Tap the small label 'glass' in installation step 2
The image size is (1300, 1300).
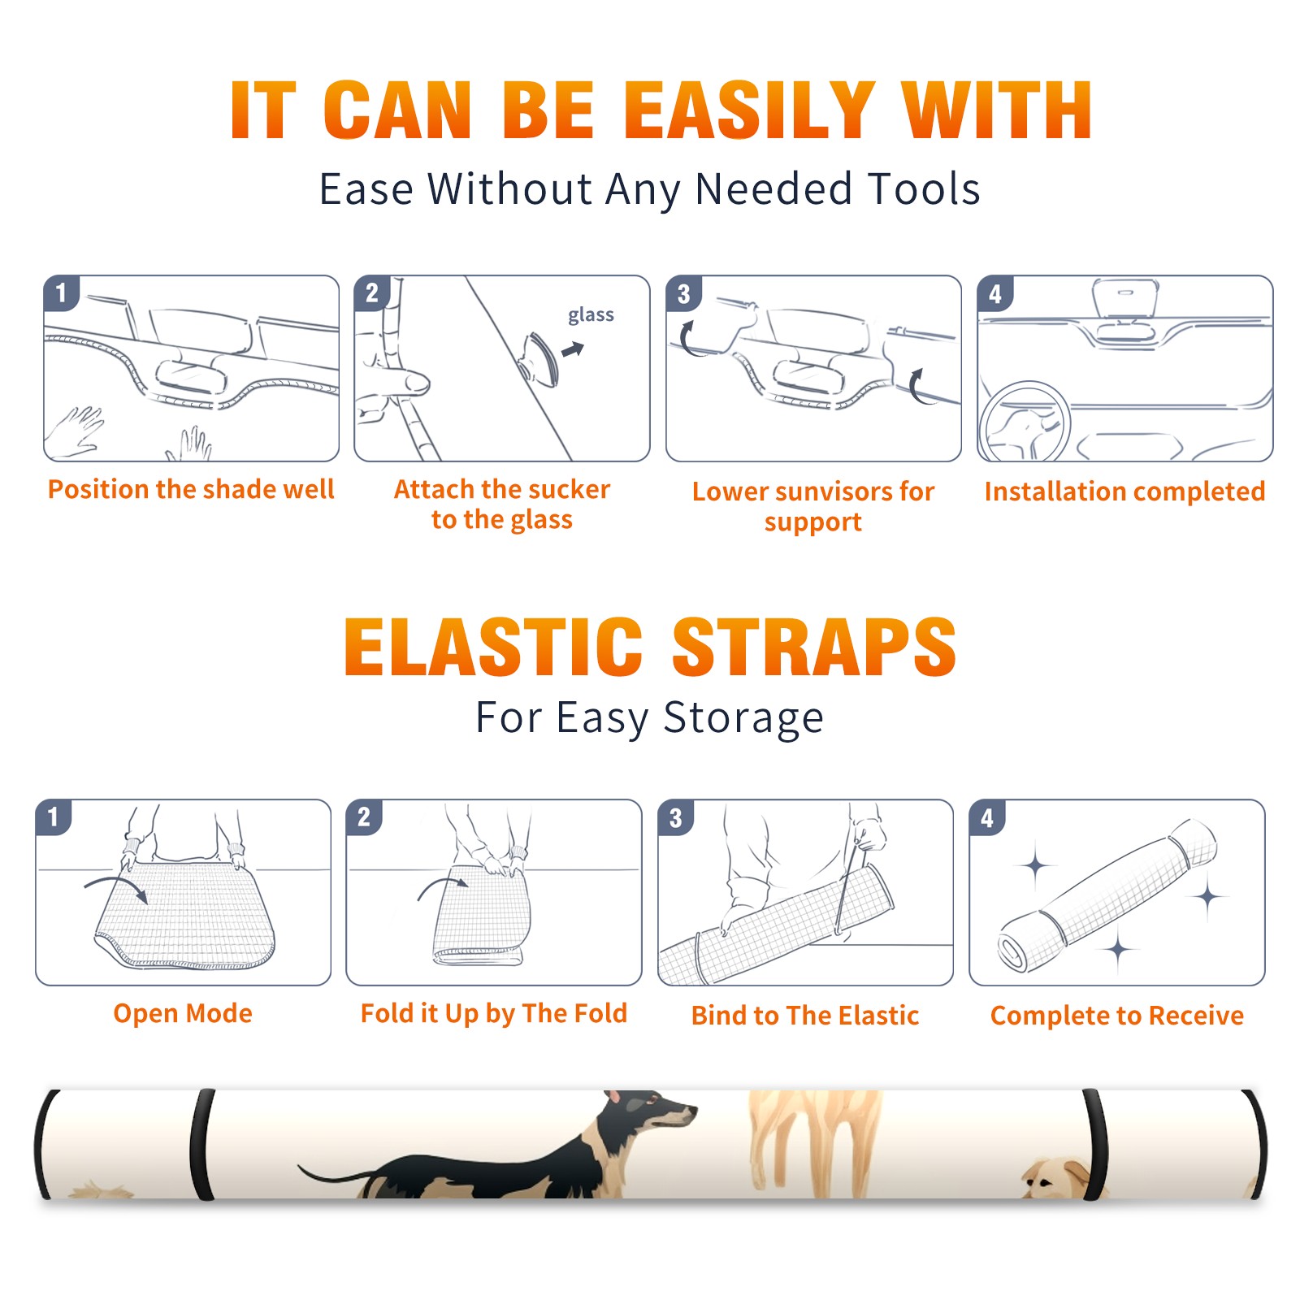tap(591, 315)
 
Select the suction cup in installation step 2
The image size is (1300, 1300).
tap(541, 358)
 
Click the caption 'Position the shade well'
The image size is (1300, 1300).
tap(191, 489)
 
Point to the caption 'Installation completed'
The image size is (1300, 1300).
tap(1124, 492)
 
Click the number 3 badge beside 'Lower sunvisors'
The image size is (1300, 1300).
tap(684, 294)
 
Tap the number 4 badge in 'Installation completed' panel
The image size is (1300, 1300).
tap(995, 294)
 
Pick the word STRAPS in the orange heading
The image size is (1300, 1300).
tap(814, 647)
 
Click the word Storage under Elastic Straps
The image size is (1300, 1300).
tap(743, 718)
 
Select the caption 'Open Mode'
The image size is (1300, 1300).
tap(183, 1013)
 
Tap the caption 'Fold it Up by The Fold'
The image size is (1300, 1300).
tap(494, 1013)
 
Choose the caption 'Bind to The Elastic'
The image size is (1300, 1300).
tap(805, 1016)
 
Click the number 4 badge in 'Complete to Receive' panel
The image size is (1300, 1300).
tap(987, 818)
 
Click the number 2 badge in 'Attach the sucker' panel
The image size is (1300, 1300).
tap(372, 294)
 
